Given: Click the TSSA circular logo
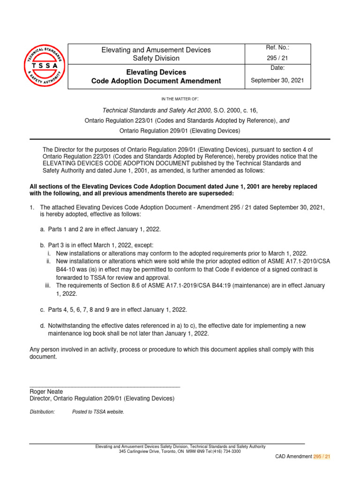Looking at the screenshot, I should point(45,66).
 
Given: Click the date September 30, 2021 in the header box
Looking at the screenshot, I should point(277,80).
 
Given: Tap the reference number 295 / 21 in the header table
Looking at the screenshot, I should point(277,59).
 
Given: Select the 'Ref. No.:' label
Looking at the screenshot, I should point(277,48).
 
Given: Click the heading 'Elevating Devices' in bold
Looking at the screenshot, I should point(156,72).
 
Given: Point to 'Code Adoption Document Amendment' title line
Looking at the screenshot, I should point(156,81).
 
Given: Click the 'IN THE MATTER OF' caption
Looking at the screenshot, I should point(180,99).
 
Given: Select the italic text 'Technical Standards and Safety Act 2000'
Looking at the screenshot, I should point(155,110).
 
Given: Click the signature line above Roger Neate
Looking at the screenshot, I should point(105,387).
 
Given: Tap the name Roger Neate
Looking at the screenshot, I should point(46,391).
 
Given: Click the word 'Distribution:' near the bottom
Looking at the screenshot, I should point(42,412).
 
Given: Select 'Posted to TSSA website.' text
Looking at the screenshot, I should point(98,412).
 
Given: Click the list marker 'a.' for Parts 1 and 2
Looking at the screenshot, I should point(43,229).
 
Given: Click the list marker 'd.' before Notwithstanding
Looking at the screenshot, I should point(43,325).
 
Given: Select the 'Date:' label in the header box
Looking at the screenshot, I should point(277,68).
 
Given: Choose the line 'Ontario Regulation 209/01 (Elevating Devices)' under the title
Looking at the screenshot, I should point(180,131).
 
